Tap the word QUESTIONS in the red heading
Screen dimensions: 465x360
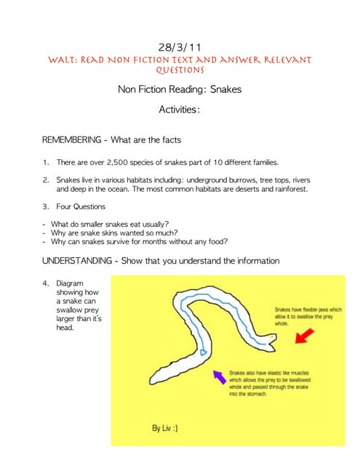[x=179, y=70]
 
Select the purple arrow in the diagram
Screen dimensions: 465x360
[x=217, y=375]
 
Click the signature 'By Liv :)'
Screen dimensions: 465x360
[x=165, y=429]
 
